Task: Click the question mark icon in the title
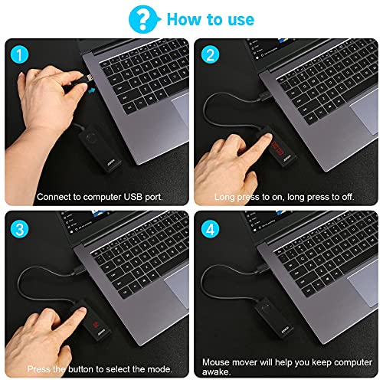tap(140, 18)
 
